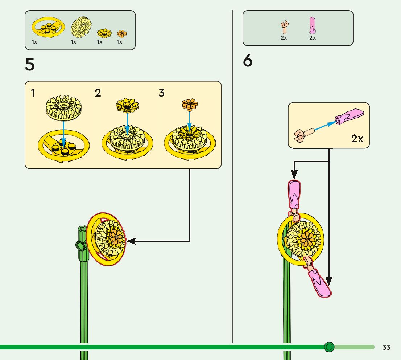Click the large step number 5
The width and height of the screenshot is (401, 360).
(x=30, y=65)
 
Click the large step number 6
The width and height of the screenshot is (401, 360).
(x=248, y=61)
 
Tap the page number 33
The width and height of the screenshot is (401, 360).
(x=386, y=348)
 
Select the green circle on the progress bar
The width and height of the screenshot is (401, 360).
(x=329, y=347)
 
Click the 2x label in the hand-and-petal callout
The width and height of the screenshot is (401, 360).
(x=357, y=139)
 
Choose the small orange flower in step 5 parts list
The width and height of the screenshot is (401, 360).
(x=122, y=34)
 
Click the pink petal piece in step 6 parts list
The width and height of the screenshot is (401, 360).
(x=312, y=25)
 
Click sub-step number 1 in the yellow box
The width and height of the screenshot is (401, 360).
(x=33, y=93)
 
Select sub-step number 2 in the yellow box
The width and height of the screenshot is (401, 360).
(x=98, y=93)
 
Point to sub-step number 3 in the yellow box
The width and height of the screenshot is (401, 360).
(x=161, y=93)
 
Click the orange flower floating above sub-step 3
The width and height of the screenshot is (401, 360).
(x=190, y=105)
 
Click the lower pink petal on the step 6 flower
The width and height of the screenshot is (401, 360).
(x=319, y=283)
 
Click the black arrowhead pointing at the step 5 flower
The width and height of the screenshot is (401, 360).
(x=131, y=241)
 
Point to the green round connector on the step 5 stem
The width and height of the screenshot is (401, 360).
(x=81, y=246)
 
